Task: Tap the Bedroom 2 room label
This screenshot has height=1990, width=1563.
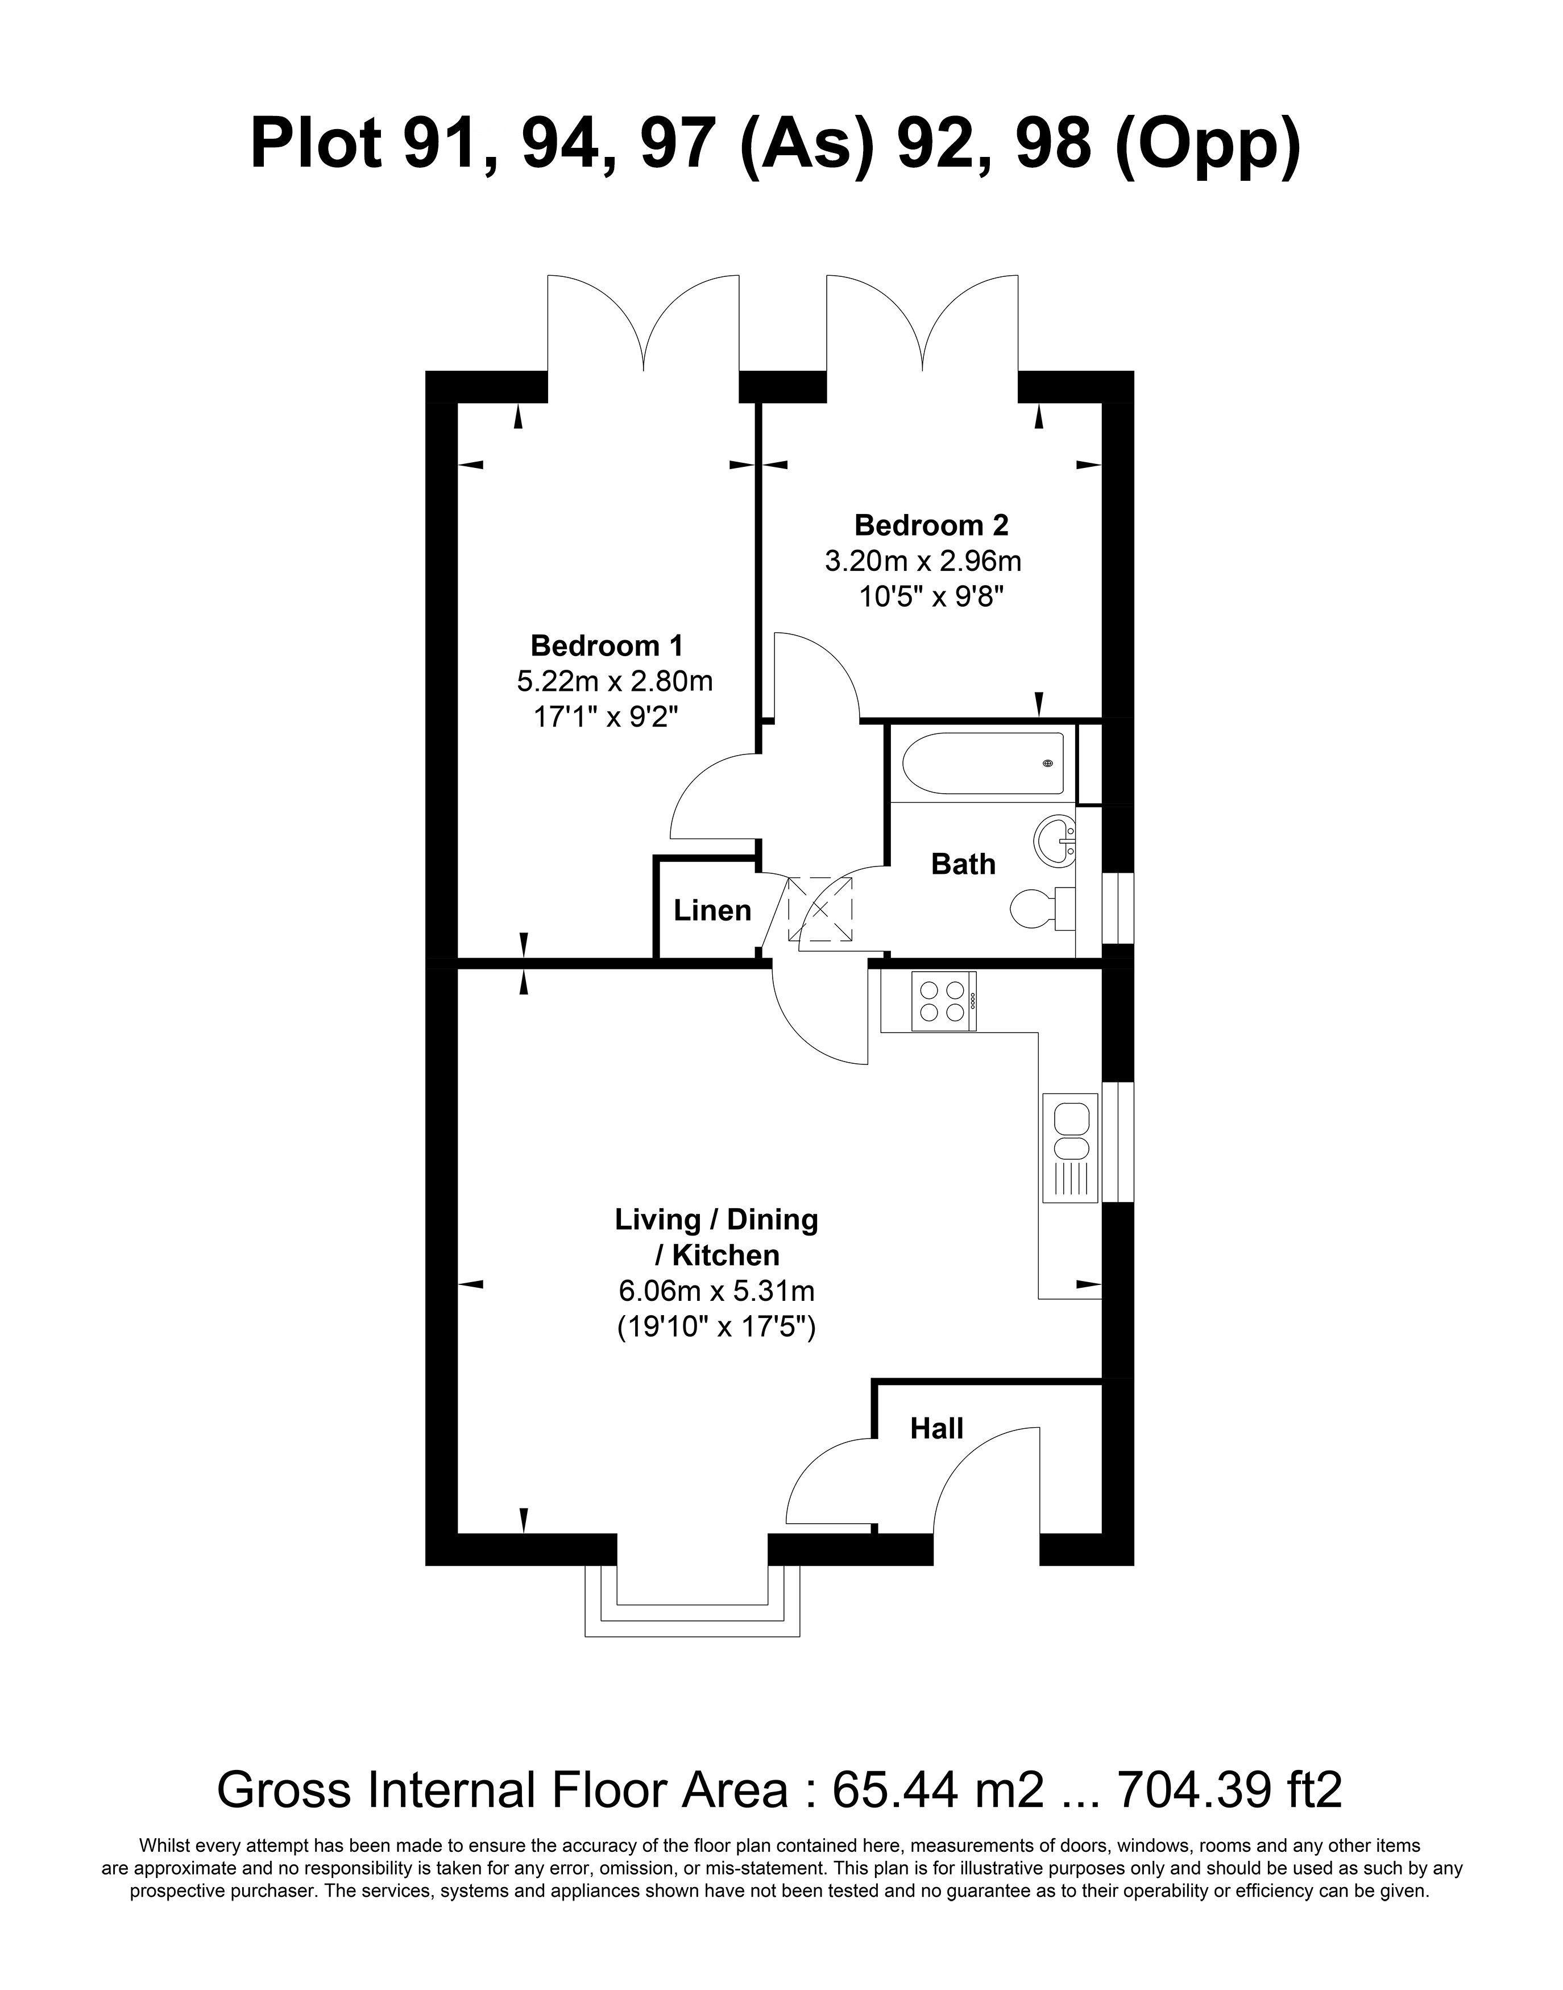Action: coord(931,525)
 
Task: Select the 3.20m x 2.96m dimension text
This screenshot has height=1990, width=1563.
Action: coord(922,560)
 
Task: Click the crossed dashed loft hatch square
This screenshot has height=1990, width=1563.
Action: coord(820,909)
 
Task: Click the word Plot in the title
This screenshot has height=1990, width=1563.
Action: coord(316,144)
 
